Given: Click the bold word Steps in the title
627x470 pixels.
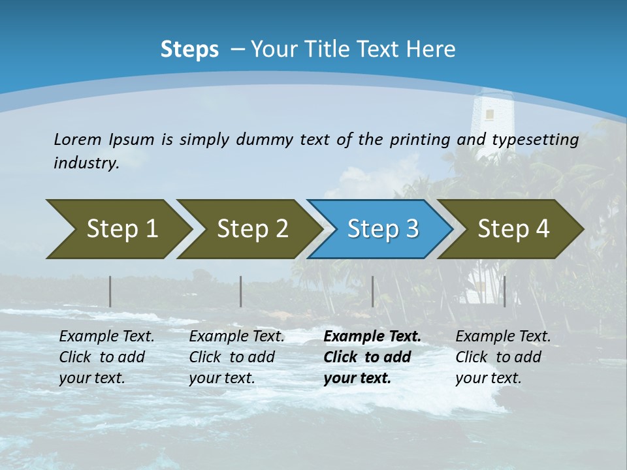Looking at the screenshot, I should pos(189,50).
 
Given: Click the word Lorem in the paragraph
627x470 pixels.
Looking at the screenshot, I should pos(76,140).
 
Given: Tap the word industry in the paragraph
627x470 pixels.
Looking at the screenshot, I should pos(86,163).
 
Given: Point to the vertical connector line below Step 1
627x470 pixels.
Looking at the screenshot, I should pos(110,291).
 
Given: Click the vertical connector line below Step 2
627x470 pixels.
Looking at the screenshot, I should pos(241,291).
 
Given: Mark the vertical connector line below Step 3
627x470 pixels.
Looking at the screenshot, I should pos(373,291).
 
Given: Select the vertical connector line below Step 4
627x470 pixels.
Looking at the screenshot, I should pos(504,291).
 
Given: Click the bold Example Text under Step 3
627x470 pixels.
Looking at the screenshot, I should pos(372,337).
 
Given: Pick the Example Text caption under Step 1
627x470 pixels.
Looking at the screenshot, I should pos(106,337).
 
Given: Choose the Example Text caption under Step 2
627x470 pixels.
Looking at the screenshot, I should pos(236,337).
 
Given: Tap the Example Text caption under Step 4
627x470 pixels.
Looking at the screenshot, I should pos(503,337).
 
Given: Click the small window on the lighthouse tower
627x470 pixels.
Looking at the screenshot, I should pos(489,115).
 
